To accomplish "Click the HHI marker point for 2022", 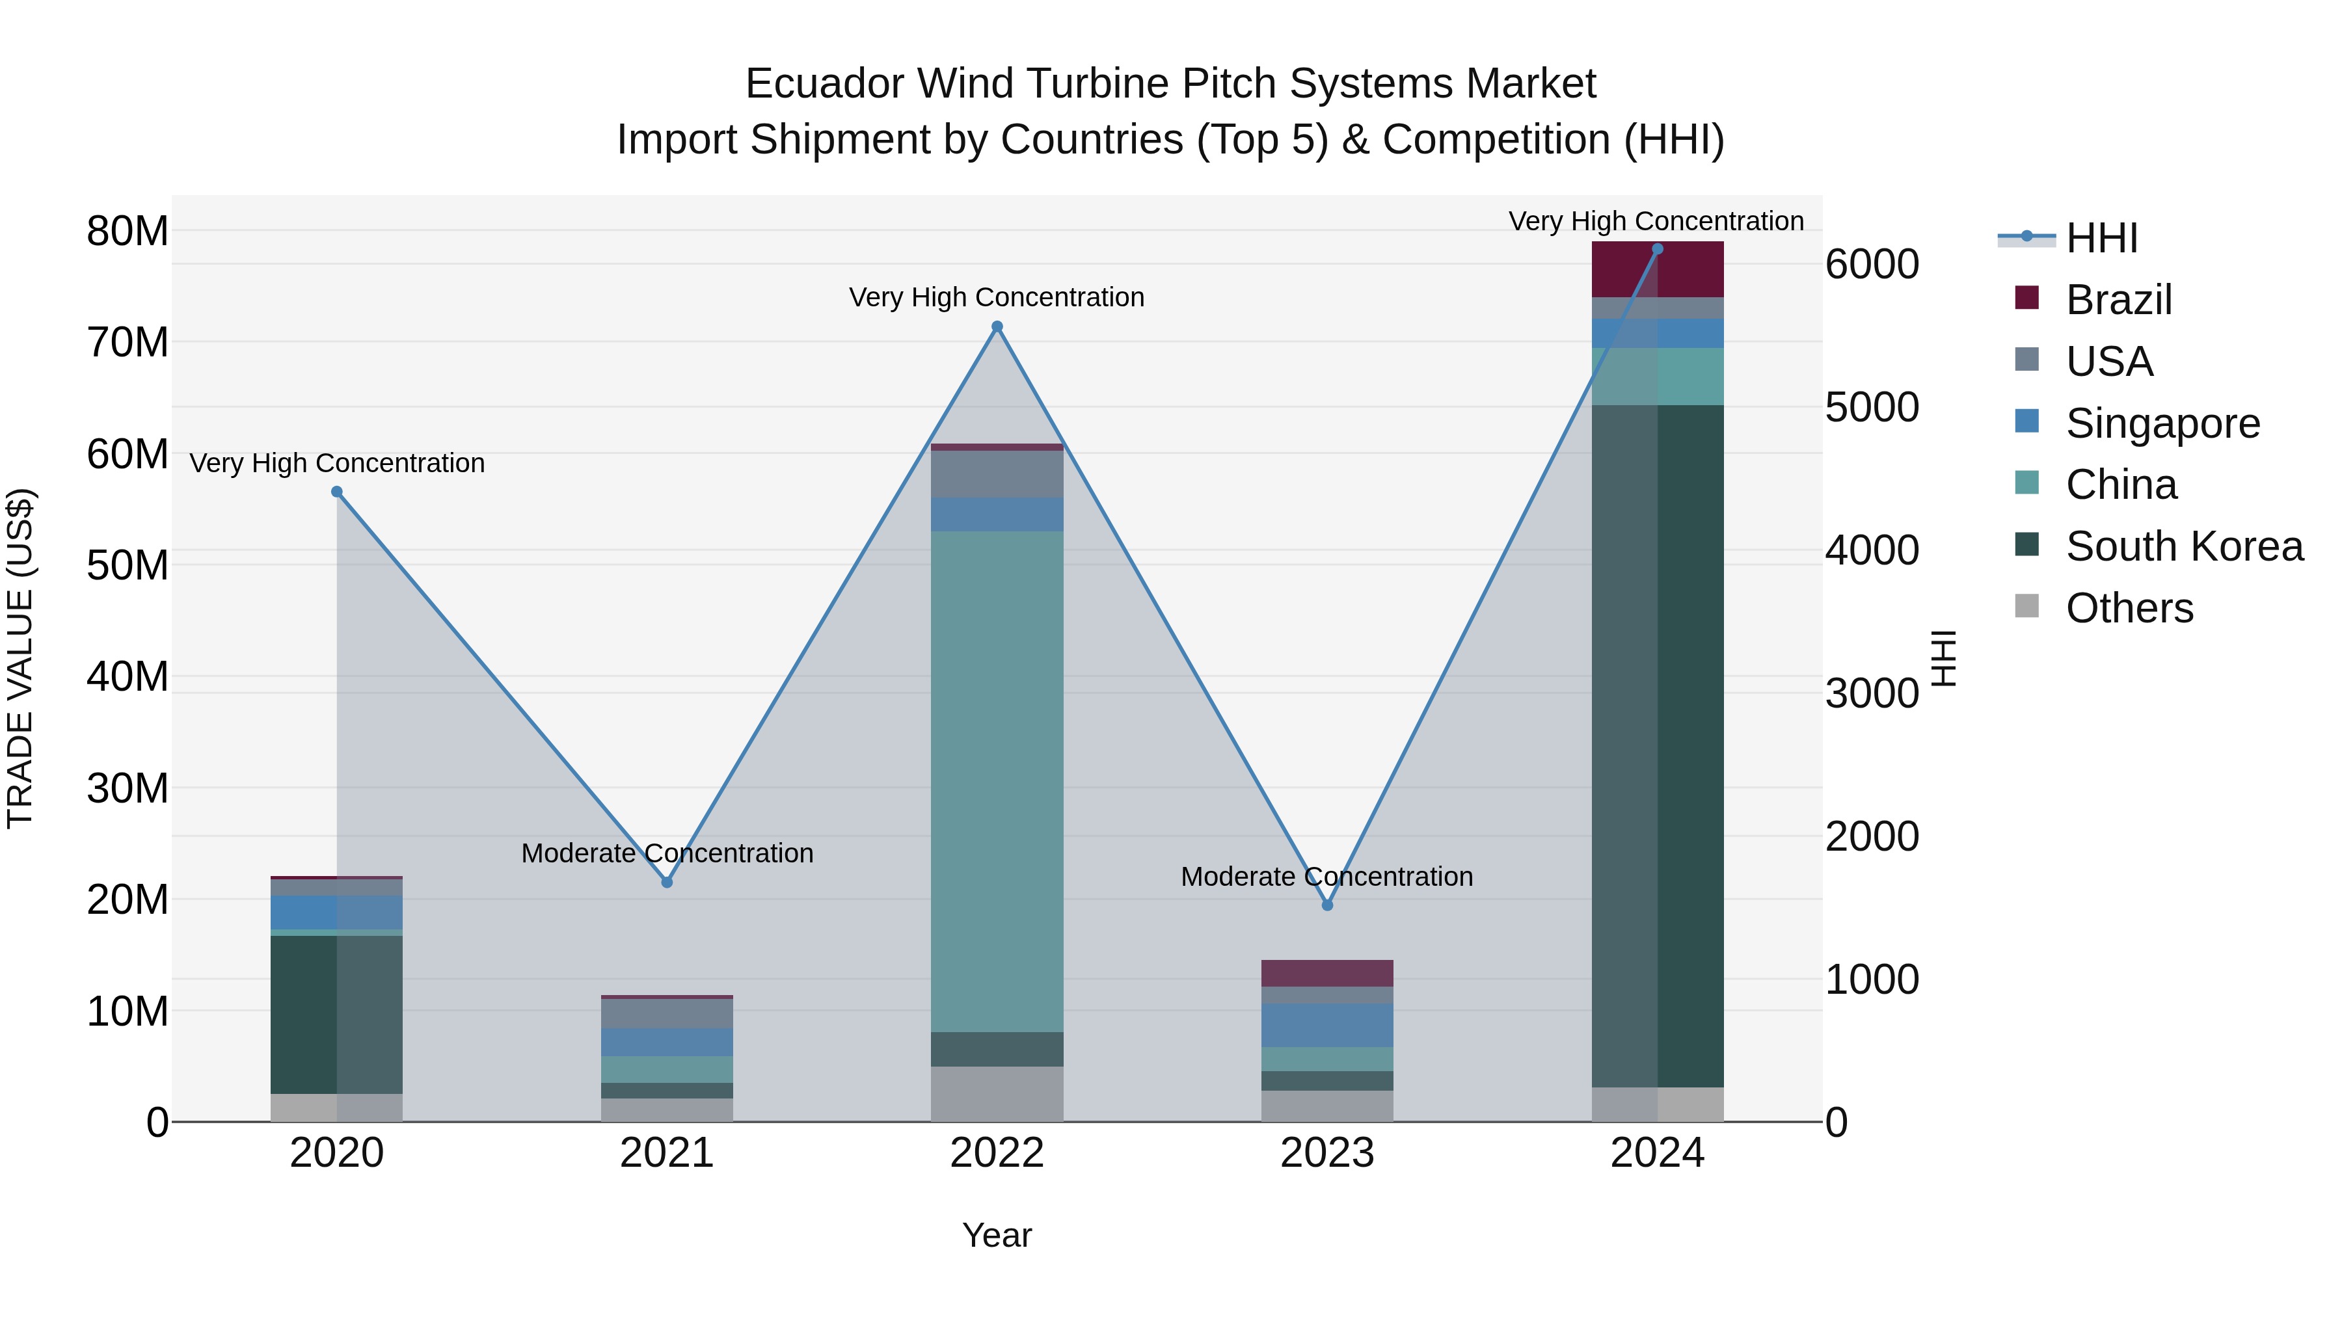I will (x=997, y=326).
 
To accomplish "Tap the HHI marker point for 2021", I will (x=666, y=882).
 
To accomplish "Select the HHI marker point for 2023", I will (x=1326, y=905).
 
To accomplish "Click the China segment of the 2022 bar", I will (x=997, y=782).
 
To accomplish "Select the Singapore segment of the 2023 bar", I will (x=1326, y=1025).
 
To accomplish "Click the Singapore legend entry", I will (x=2162, y=423).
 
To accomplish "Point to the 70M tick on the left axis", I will (x=128, y=343).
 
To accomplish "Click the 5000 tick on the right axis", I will (x=1872, y=407).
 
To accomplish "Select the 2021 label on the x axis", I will (x=666, y=1153).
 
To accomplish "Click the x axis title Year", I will (x=997, y=1235).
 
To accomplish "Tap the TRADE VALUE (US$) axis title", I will (x=20, y=658).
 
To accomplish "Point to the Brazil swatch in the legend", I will (x=2026, y=298).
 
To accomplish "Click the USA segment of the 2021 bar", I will (x=666, y=1013).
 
